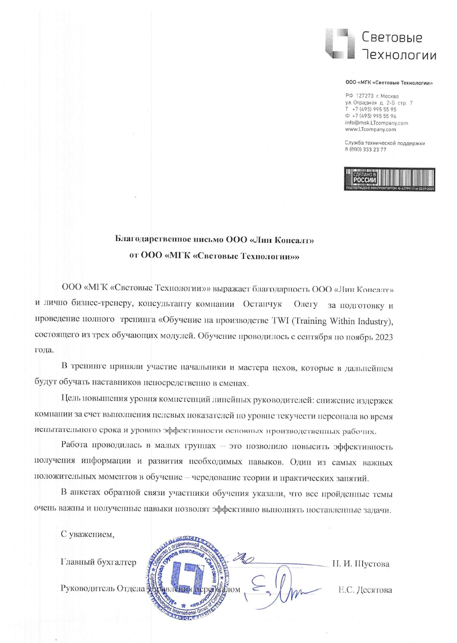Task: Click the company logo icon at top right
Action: [x=340, y=44]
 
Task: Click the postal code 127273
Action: [x=365, y=96]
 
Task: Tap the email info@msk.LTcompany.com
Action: [x=376, y=123]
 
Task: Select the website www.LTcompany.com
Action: [x=370, y=129]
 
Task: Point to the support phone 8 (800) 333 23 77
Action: [x=365, y=150]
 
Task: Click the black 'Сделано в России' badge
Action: [x=389, y=179]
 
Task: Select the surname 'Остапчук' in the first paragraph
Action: [x=262, y=304]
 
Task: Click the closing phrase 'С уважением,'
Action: [x=88, y=534]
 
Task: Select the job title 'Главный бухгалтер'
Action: [x=99, y=562]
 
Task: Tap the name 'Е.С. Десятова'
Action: [x=365, y=590]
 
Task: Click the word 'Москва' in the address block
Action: [x=390, y=96]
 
